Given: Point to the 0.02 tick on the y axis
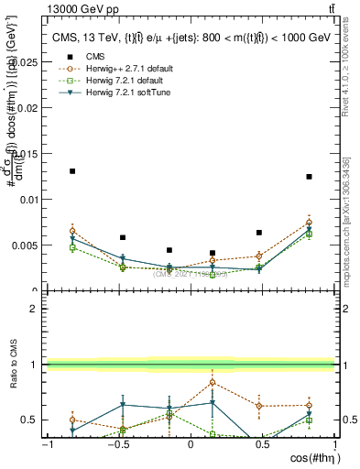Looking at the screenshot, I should (x=27, y=107).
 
